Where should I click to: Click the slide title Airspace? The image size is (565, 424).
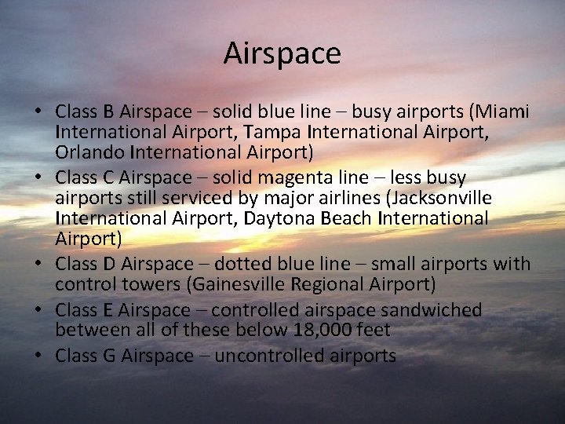[282, 54]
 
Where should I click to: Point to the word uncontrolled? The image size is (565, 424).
[258, 356]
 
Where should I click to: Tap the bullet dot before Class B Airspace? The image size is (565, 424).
[39, 111]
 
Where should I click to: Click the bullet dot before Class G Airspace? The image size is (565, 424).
[39, 356]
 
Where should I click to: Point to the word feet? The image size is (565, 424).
[373, 330]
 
